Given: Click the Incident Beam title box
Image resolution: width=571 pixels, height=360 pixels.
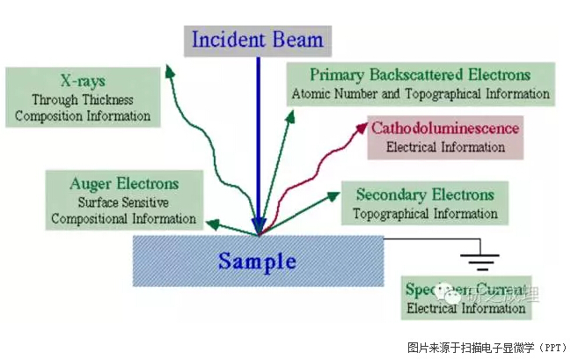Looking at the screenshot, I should [x=258, y=40].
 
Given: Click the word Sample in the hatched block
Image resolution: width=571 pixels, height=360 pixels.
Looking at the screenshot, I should [x=258, y=261].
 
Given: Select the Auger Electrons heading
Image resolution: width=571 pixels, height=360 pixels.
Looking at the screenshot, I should [x=124, y=184].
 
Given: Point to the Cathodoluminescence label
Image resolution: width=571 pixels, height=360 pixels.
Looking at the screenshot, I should [x=445, y=129].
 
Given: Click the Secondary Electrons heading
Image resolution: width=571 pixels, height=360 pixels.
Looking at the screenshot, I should [x=425, y=195].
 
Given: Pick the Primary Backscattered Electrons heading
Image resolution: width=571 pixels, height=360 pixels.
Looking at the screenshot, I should [x=420, y=75].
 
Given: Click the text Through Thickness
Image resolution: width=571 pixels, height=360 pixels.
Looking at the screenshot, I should [x=83, y=99].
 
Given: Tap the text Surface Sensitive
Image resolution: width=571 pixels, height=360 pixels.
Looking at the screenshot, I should [x=123, y=202].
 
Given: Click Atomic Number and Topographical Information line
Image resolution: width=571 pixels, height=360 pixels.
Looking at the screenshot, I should [x=421, y=93].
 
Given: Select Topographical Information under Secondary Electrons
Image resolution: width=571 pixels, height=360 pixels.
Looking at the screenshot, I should [x=425, y=213].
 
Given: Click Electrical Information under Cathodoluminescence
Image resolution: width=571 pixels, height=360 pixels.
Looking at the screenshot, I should [x=443, y=147].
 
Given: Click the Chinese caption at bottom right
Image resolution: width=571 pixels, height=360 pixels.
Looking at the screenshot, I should [x=486, y=347].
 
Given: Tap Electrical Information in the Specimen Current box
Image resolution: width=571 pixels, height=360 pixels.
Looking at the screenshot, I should [x=466, y=309].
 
